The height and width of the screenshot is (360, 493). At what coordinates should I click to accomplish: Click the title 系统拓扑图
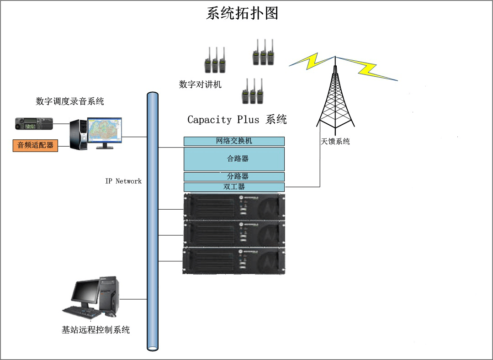pyautogui.click(x=242, y=13)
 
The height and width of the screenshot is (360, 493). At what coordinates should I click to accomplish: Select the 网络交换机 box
pyautogui.click(x=234, y=141)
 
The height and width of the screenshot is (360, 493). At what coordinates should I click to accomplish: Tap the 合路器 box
pyautogui.click(x=234, y=159)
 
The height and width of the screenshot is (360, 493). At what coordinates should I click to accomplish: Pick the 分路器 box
pyautogui.click(x=234, y=176)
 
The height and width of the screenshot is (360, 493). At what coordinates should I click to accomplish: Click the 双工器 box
pyautogui.click(x=234, y=187)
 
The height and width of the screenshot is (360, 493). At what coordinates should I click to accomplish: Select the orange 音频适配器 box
pyautogui.click(x=35, y=146)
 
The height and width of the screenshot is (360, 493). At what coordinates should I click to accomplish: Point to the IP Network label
pyautogui.click(x=123, y=181)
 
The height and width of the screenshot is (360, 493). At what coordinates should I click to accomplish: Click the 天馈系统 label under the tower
pyautogui.click(x=335, y=142)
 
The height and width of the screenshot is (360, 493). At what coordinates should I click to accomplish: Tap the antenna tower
pyautogui.click(x=335, y=98)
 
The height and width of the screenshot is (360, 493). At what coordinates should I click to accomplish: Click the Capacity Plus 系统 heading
pyautogui.click(x=237, y=120)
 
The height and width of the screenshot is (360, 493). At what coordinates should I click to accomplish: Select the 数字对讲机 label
pyautogui.click(x=200, y=85)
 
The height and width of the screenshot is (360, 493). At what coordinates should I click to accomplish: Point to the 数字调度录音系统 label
pyautogui.click(x=70, y=101)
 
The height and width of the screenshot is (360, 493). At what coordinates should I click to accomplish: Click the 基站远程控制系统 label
pyautogui.click(x=95, y=330)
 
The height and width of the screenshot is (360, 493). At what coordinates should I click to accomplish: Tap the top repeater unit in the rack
pyautogui.click(x=234, y=207)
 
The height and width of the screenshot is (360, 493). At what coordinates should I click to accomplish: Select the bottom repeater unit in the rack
pyautogui.click(x=234, y=260)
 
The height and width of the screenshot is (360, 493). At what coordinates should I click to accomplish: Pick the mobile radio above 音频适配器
pyautogui.click(x=34, y=123)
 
